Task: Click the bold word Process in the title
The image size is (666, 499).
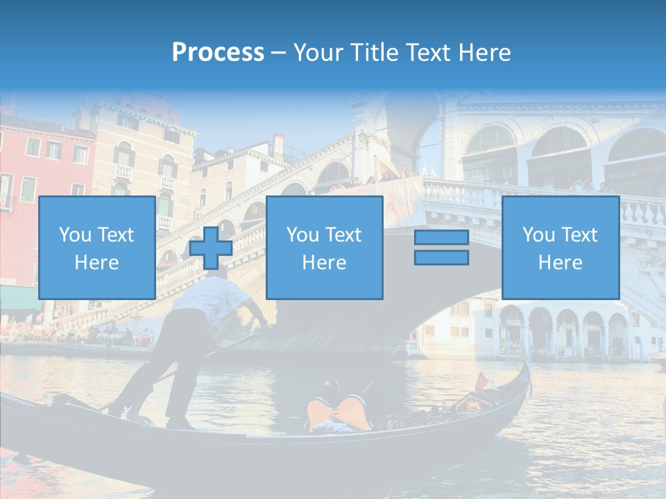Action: pyautogui.click(x=218, y=53)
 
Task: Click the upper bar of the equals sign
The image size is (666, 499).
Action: pyautogui.click(x=441, y=238)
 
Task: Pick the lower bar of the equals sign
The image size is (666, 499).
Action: pyautogui.click(x=441, y=258)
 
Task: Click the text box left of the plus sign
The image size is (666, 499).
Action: pyautogui.click(x=96, y=247)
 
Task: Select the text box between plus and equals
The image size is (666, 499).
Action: pyautogui.click(x=324, y=247)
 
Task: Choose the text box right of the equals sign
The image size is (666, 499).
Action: pyautogui.click(x=560, y=247)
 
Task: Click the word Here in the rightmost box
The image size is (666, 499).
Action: pyautogui.click(x=560, y=263)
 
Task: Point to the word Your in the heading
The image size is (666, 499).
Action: pyautogui.click(x=318, y=53)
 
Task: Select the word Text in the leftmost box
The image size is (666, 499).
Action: pyautogui.click(x=116, y=235)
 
